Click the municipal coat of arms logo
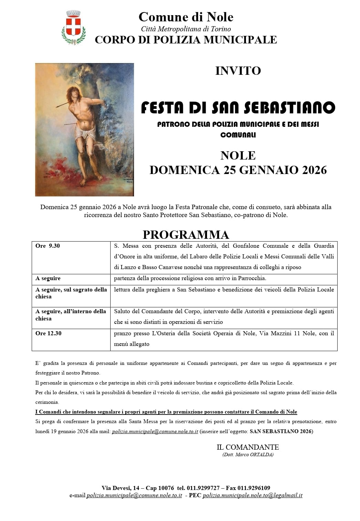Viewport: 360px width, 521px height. point(73,27)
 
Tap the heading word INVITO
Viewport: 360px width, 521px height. point(238,71)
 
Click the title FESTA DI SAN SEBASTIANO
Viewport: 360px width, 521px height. point(238,108)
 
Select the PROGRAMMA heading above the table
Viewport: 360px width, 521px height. point(186,234)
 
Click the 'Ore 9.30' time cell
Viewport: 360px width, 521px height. point(48,246)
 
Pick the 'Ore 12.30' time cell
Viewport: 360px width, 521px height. point(49,334)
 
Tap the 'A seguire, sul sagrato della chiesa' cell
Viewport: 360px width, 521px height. point(71,293)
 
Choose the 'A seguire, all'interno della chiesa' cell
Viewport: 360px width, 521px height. point(71,315)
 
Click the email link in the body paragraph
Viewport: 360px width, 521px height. point(155,431)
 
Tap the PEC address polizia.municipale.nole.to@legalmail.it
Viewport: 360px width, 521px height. point(253,496)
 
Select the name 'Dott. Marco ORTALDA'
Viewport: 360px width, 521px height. point(248,454)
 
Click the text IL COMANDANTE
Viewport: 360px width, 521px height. point(248,447)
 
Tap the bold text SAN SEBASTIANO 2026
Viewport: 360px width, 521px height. point(280,431)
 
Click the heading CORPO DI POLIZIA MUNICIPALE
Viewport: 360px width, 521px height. point(186,40)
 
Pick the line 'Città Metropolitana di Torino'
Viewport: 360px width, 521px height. point(186,29)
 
